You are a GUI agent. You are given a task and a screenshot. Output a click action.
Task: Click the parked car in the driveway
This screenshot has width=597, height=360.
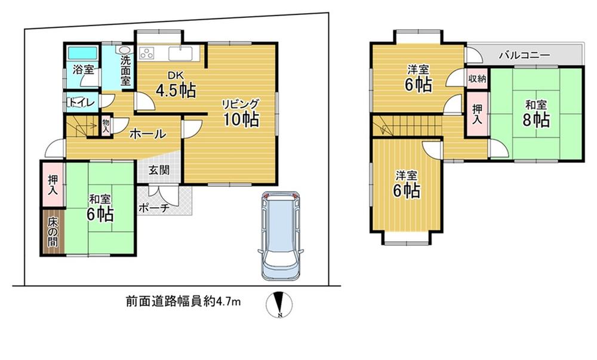[x=281, y=236]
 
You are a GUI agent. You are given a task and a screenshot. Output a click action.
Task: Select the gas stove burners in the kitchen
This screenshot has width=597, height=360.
[x=147, y=54]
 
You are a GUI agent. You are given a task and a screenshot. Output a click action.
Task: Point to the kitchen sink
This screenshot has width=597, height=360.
[x=181, y=54]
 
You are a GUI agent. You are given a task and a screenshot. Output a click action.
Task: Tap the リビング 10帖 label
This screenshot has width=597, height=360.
[x=241, y=113]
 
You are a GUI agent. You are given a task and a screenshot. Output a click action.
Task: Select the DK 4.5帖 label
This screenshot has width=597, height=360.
[x=176, y=85]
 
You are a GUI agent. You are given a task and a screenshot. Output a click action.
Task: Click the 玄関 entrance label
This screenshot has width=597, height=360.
[x=158, y=170]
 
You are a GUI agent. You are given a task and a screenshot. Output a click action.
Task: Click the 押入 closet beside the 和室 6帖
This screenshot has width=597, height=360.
[x=53, y=184]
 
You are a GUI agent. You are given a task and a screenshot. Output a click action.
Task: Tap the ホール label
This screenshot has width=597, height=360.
[x=147, y=134]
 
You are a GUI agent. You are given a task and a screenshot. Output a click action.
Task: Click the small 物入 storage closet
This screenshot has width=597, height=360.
[x=106, y=126]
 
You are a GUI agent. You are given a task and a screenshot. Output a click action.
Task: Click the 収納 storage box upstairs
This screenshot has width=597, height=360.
[x=476, y=78]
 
